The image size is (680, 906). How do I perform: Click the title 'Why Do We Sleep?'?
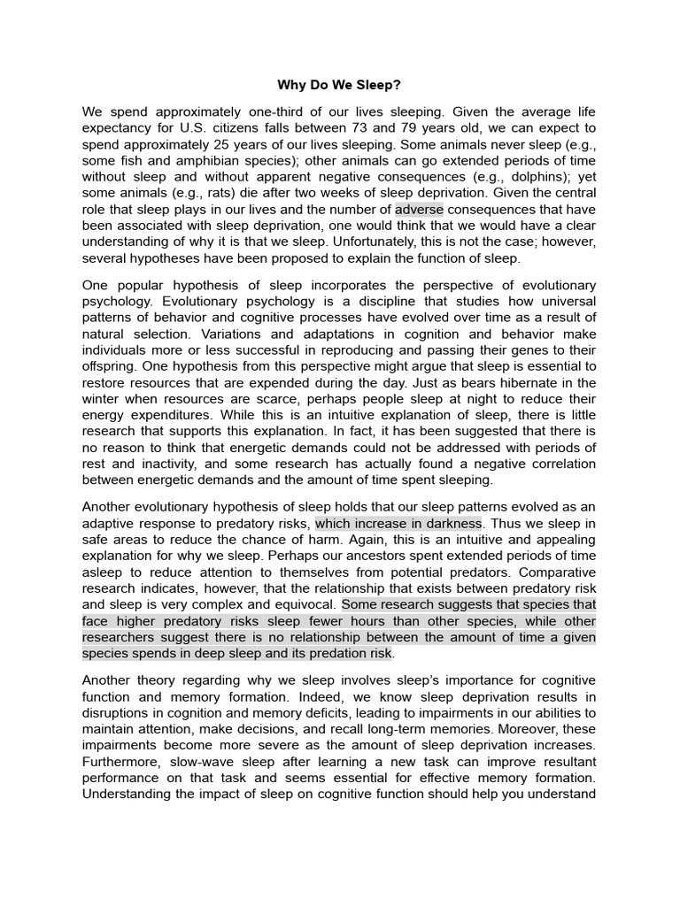[x=340, y=86]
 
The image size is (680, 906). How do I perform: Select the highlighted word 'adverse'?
[x=419, y=210]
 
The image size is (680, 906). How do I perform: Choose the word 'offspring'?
[x=110, y=366]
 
